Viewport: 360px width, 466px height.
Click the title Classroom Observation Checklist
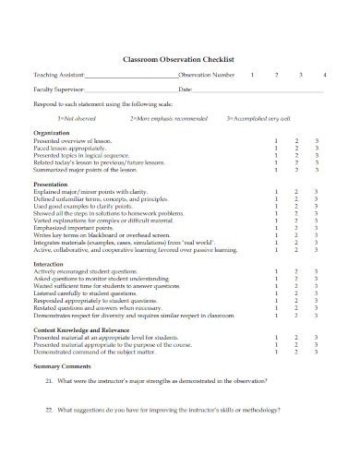179,57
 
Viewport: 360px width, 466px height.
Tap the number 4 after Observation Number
322,73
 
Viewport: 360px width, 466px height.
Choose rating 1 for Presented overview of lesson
276,140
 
